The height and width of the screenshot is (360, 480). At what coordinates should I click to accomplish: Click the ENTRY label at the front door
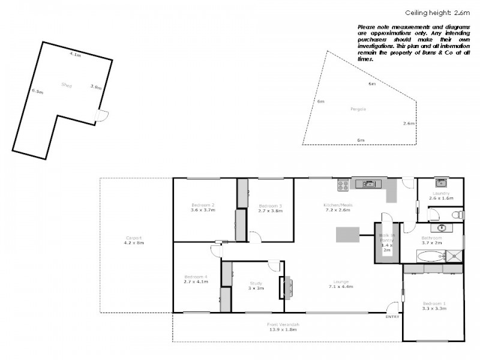pos(392,316)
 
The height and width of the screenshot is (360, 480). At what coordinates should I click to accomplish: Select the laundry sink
pos(440,182)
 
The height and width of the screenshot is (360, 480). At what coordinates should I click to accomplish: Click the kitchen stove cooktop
pos(343,185)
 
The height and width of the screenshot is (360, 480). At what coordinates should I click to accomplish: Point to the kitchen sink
pos(368,184)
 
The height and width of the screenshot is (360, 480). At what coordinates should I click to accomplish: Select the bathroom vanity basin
pos(442,228)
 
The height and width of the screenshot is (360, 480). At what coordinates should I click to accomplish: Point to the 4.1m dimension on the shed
pos(75,54)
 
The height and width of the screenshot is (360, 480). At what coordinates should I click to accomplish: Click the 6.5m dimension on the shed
pos(37,92)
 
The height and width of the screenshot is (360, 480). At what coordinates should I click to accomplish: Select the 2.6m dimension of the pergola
pos(409,123)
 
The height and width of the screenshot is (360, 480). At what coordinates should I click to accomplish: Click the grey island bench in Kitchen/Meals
pos(347,234)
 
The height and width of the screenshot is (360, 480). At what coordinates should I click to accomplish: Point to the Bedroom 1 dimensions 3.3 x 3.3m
pos(433,308)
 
